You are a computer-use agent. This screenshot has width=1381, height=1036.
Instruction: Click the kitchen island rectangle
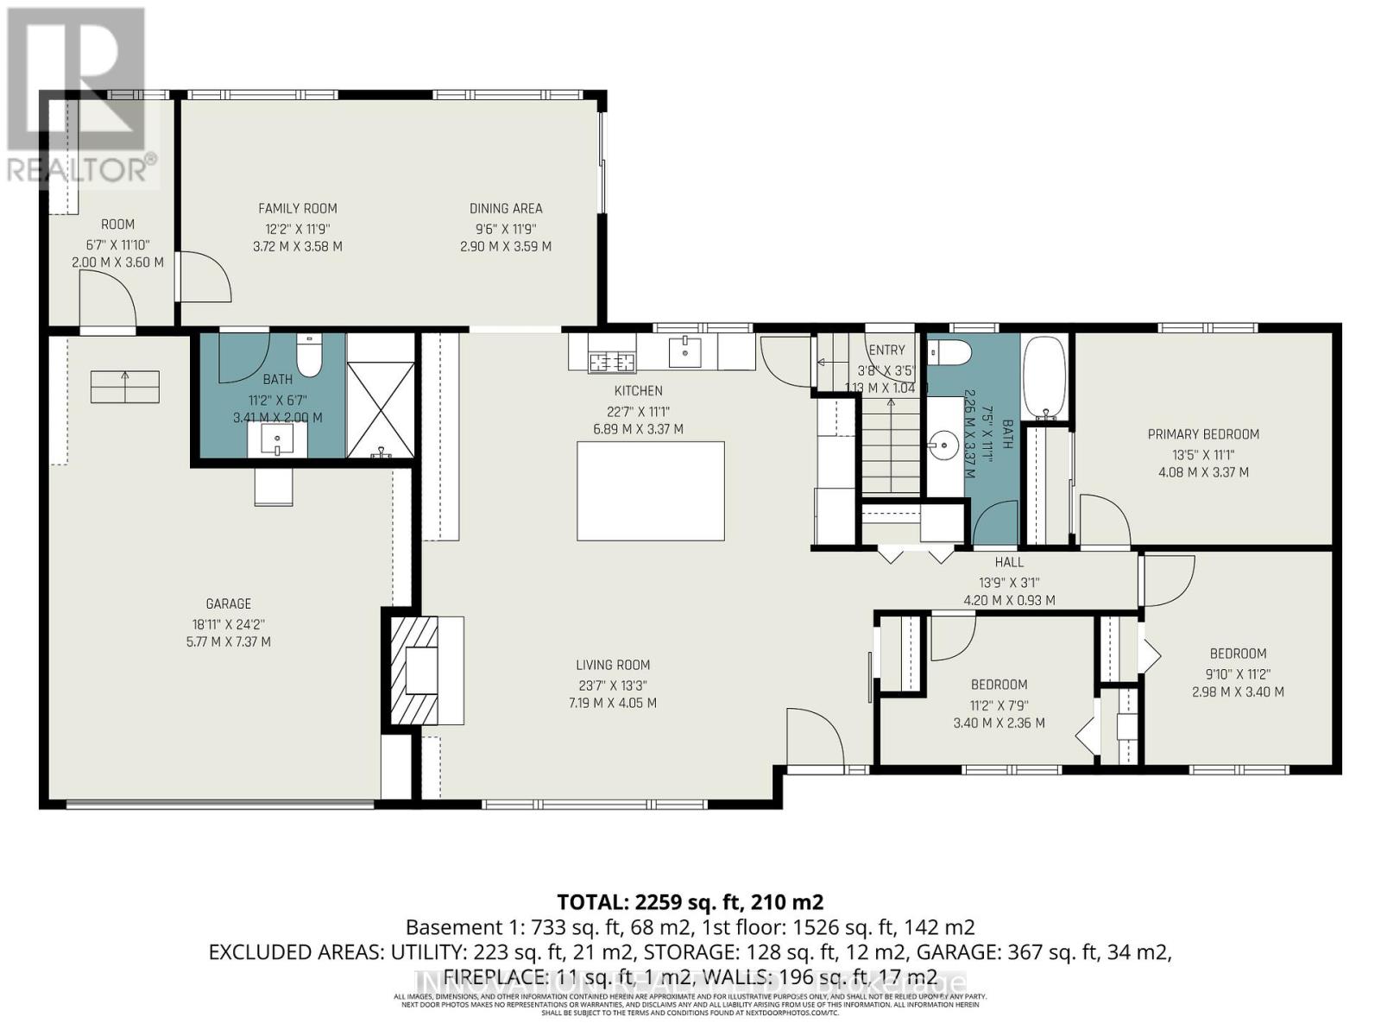[650, 490]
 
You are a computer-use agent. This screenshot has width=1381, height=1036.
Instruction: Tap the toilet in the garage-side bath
[308, 357]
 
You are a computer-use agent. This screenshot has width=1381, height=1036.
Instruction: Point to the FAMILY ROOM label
[298, 208]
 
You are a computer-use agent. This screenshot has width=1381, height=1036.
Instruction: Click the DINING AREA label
[506, 208]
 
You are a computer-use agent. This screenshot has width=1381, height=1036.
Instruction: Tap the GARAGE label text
[229, 603]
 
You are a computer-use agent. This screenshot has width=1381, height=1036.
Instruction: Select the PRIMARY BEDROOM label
[1203, 434]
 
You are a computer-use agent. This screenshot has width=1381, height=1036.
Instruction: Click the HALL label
[1009, 562]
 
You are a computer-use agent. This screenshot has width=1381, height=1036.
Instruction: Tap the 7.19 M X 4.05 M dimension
[612, 703]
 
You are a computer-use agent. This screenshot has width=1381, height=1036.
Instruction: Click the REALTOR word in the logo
[78, 169]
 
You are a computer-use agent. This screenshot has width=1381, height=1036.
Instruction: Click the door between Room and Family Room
[205, 276]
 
